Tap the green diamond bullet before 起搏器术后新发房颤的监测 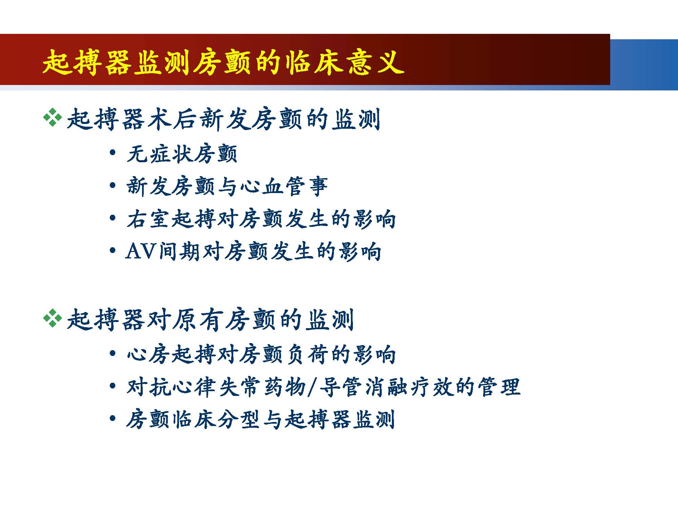(53, 118)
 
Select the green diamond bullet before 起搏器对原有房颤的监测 (53, 318)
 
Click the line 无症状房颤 (182, 154)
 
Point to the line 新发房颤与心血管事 (227, 186)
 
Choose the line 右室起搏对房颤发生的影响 (261, 219)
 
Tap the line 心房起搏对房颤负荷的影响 (261, 354)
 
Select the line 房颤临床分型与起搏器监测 (260, 420)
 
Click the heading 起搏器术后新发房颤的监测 (224, 119)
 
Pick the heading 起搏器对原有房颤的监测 (210, 320)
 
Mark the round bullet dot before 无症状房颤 (113, 152)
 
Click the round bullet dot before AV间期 (113, 251)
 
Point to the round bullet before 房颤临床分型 (113, 419)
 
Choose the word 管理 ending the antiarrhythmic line (499, 387)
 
